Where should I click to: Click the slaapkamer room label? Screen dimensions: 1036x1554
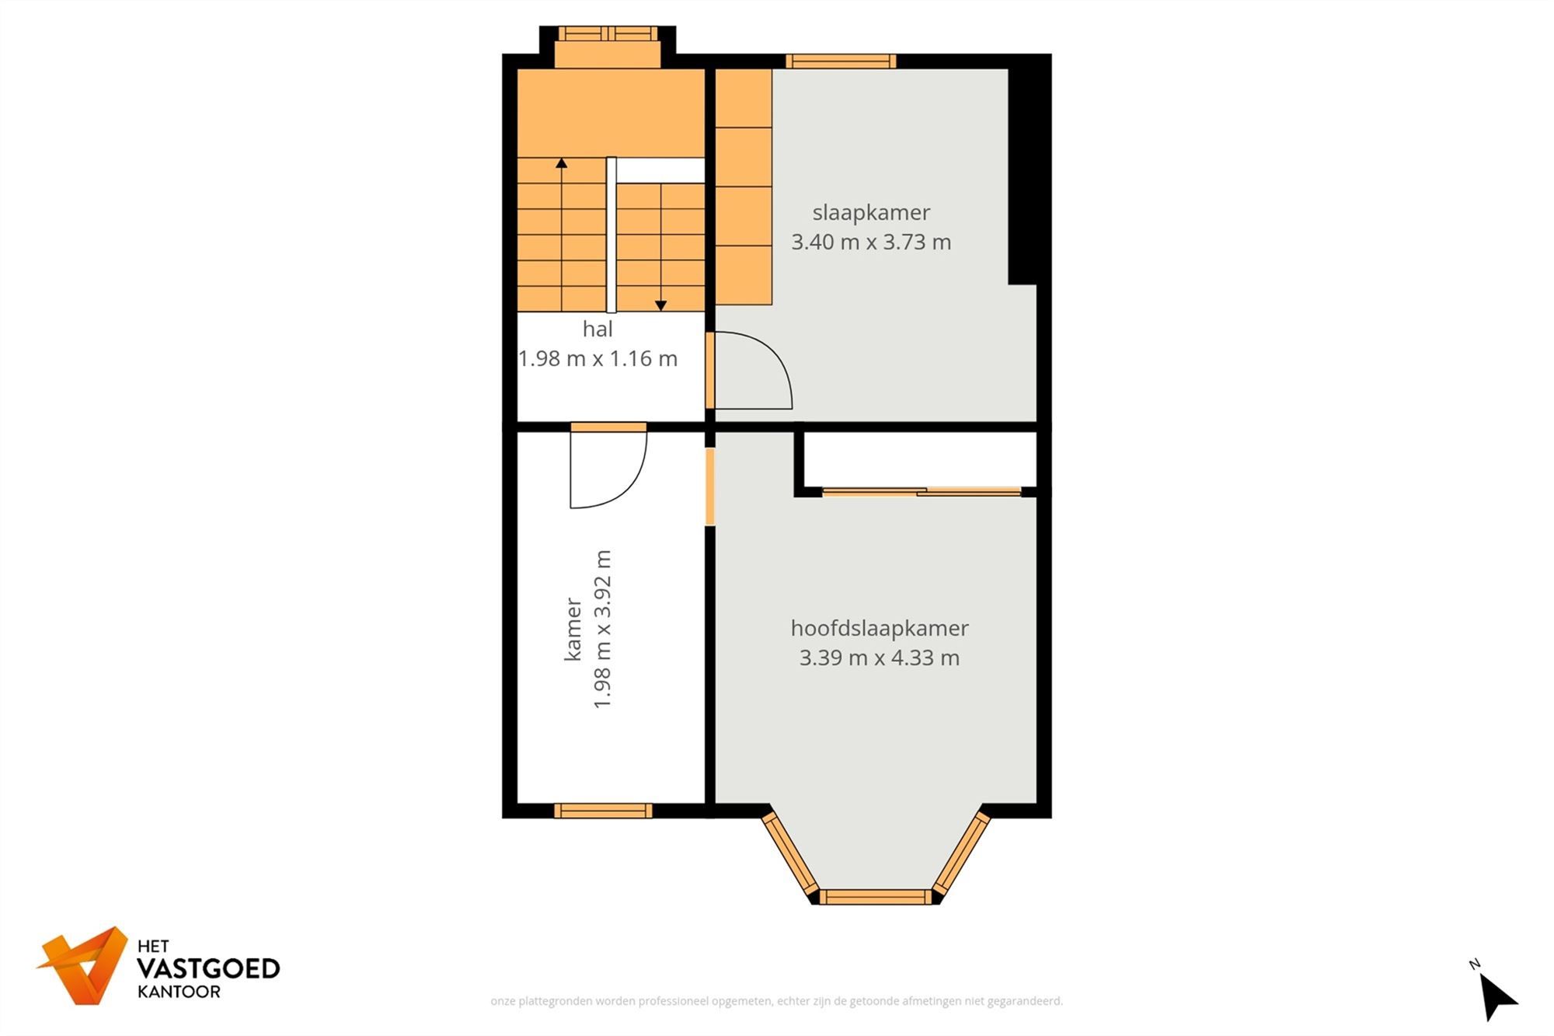(871, 212)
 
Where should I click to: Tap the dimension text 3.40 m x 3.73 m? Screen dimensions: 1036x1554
(871, 242)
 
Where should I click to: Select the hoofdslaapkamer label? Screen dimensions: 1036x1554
(879, 628)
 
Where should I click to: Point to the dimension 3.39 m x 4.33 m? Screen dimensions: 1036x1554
(879, 658)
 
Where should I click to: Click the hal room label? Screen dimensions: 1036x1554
(598, 329)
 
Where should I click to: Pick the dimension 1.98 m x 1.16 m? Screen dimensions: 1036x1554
(598, 358)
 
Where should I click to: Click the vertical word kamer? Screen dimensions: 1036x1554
(573, 629)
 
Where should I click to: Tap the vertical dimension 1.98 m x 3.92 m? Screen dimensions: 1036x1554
(603, 629)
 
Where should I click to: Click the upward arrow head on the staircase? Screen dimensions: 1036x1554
(561, 163)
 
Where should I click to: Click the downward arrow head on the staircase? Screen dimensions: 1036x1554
(660, 305)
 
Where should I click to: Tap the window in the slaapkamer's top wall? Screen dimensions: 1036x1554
(841, 61)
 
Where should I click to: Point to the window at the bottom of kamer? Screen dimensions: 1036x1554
(603, 811)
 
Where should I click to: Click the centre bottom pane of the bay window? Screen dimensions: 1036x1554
(875, 897)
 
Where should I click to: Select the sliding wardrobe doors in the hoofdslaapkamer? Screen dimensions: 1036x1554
(922, 491)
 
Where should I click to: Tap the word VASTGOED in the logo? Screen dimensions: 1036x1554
(207, 968)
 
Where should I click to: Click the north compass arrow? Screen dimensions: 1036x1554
(1497, 996)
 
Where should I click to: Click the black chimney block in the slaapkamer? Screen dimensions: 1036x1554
(1028, 175)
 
